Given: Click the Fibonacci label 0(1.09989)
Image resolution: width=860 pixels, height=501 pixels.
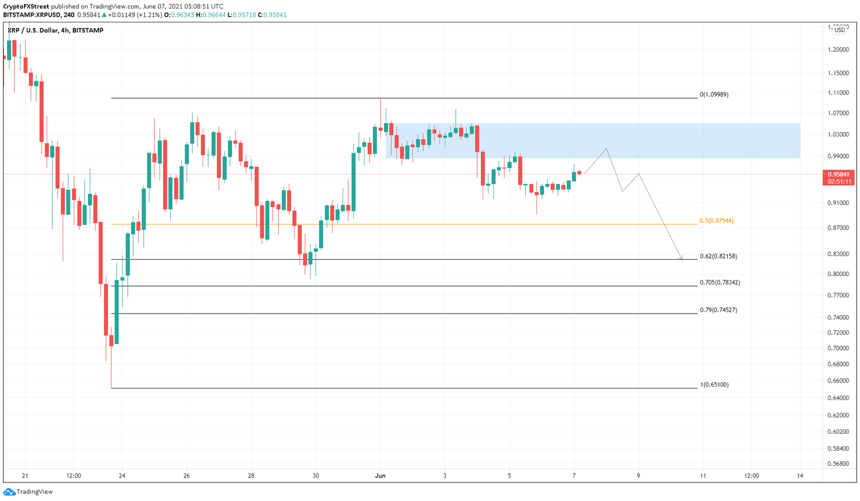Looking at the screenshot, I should pos(714,95).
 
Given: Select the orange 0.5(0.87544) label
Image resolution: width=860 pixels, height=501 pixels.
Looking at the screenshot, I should pos(716,221).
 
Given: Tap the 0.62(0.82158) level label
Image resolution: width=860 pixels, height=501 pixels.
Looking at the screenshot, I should pos(718,256).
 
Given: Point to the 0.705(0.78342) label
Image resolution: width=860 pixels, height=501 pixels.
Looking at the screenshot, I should pos(719,283).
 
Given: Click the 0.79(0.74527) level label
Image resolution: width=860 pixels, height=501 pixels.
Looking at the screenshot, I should pos(718,310).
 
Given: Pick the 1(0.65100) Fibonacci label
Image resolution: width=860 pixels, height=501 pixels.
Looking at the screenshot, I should pos(714,385).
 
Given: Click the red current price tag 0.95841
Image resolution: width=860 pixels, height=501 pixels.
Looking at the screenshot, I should pos(839,174).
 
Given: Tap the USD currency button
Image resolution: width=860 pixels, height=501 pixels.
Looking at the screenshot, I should pos(839,30).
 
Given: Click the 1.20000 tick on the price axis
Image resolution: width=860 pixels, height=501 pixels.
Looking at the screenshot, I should pos(838,49).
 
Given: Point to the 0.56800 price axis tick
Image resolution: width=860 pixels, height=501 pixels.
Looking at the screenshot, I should pos(838,463).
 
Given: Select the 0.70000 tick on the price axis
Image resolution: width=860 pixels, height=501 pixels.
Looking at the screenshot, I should pos(838,348).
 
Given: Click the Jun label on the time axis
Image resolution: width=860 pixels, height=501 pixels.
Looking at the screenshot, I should pos(380,476).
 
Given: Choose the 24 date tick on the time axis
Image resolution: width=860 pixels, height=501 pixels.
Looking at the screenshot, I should pos(122,476).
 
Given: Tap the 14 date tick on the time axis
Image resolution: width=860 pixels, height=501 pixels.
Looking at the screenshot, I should pos(800,476).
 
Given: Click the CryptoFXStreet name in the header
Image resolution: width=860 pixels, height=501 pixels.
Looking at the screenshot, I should pos(26,7).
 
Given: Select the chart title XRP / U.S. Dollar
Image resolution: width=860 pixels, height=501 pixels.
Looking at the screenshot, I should pos(34,30).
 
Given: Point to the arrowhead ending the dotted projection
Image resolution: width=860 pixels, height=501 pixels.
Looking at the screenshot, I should pos(681,259).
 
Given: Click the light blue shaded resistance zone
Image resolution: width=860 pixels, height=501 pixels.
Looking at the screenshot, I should pos(644,140).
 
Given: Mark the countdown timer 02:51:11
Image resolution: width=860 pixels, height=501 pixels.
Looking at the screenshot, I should pos(839,181).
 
